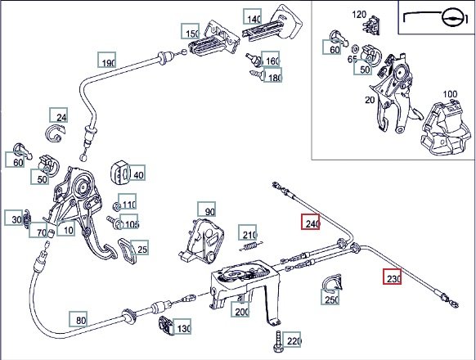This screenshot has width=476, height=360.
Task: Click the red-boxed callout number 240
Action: [310, 222]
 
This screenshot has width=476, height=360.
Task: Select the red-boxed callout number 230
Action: [392, 277]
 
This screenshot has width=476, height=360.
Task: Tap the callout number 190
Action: [107, 60]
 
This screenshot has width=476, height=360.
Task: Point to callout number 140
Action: [252, 16]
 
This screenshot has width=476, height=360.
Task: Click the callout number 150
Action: [191, 31]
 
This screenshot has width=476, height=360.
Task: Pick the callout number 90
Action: [207, 209]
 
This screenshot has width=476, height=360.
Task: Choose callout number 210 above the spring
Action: [248, 232]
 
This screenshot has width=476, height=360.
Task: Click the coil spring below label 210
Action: [251, 246]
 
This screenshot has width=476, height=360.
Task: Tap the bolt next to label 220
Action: [278, 342]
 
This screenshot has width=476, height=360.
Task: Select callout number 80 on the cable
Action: [79, 319]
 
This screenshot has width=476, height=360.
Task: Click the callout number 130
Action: [182, 326]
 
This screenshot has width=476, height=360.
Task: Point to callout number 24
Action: [59, 115]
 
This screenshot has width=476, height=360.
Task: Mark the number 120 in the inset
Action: [359, 14]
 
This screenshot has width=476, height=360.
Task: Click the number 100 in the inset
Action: [450, 94]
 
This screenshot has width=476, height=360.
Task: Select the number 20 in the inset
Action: [370, 100]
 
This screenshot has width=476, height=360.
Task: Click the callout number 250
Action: [330, 297]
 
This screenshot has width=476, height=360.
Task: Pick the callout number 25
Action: [140, 248]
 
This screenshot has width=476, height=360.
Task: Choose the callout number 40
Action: [136, 173]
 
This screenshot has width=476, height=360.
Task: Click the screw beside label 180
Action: [256, 74]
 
